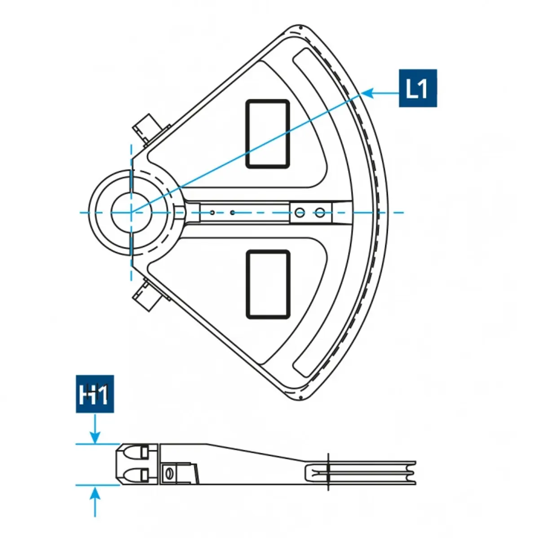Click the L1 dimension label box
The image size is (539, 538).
click(x=417, y=88)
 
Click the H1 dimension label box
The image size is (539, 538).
click(x=94, y=394)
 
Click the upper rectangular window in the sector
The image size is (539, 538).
click(x=267, y=134)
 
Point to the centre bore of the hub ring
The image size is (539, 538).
click(x=130, y=212)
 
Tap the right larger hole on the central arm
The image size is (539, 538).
click(x=319, y=212)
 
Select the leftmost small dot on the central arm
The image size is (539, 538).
click(x=212, y=212)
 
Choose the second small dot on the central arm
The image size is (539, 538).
click(x=232, y=212)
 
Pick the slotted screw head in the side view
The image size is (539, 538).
click(x=169, y=473)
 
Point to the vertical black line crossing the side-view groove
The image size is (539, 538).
click(x=328, y=472)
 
